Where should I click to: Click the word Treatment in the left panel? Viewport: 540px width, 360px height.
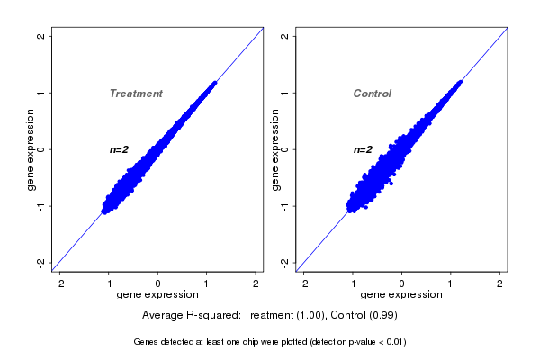pyautogui.click(x=136, y=94)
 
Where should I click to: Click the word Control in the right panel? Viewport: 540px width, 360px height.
pyautogui.click(x=372, y=94)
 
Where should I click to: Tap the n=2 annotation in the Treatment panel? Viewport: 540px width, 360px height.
pyautogui.click(x=120, y=149)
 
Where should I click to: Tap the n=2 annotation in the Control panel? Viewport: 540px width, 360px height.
pyautogui.click(x=363, y=149)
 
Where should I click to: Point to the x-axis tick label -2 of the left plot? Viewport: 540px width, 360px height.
pyautogui.click(x=59, y=283)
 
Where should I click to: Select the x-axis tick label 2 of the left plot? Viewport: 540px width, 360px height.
pyautogui.click(x=256, y=283)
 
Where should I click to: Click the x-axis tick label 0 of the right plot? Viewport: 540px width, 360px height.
pyautogui.click(x=402, y=283)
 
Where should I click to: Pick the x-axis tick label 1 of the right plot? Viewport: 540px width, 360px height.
pyautogui.click(x=452, y=283)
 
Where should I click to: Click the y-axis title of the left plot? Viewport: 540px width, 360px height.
pyautogui.click(x=31, y=149)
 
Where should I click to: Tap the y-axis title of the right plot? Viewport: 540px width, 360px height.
pyautogui.click(x=274, y=149)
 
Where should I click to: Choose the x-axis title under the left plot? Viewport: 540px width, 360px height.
pyautogui.click(x=157, y=295)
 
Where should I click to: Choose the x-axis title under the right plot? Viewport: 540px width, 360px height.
pyautogui.click(x=401, y=295)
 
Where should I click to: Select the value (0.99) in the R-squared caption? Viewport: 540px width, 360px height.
pyautogui.click(x=382, y=315)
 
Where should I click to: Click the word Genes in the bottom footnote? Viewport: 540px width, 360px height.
pyautogui.click(x=147, y=342)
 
